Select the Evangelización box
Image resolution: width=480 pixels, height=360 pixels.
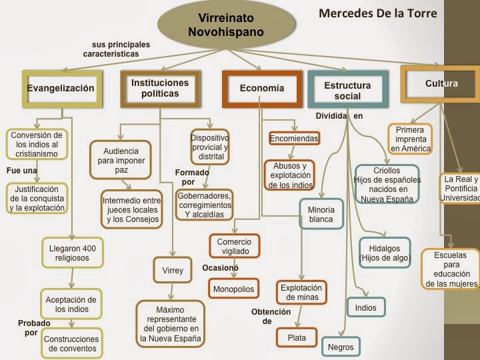pyautogui.click(x=61, y=88)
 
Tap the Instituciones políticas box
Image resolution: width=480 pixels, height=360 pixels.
pyautogui.click(x=159, y=88)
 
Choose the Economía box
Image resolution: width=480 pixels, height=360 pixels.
pyautogui.click(x=261, y=88)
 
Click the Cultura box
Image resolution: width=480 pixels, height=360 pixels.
pyautogui.click(x=441, y=84)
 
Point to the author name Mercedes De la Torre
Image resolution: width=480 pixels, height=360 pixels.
pyautogui.click(x=377, y=13)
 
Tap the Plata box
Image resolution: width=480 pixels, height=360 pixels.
pyautogui.click(x=297, y=338)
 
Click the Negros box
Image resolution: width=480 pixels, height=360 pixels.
pyautogui.click(x=340, y=347)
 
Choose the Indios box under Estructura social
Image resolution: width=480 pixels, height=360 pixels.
pyautogui.click(x=365, y=307)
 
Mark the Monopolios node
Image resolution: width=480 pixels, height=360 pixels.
pyautogui.click(x=234, y=289)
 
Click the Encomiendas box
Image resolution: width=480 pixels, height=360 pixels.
pyautogui.click(x=294, y=139)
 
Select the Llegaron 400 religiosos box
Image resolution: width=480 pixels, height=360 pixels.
pyautogui.click(x=73, y=253)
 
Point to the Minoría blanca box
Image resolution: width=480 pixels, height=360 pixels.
pyautogui.click(x=321, y=213)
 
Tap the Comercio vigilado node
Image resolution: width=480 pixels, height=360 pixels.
pyautogui.click(x=234, y=246)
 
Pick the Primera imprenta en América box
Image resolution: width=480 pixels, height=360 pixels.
pyautogui.click(x=410, y=139)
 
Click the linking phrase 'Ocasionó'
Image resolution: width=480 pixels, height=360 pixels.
pyautogui.click(x=220, y=268)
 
